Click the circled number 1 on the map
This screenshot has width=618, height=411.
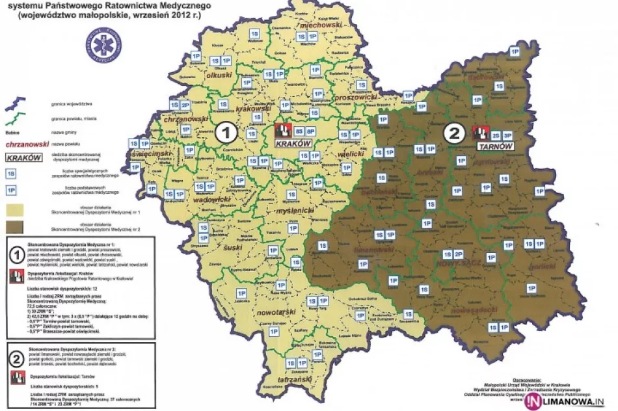[226, 133]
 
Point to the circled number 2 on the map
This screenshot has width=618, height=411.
[454, 133]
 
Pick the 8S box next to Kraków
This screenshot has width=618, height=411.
[299, 131]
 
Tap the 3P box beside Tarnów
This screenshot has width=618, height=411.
[508, 135]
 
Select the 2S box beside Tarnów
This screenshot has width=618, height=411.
[496, 135]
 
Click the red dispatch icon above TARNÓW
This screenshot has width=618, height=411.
[481, 133]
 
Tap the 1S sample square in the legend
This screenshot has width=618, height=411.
[11, 173]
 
